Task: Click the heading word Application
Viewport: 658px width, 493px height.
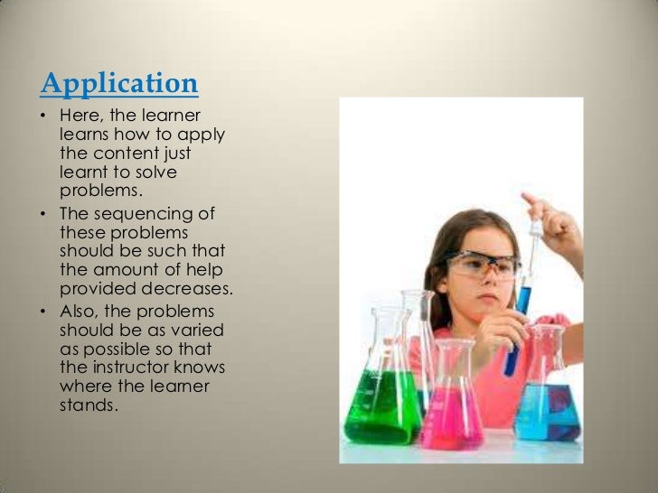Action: (x=119, y=84)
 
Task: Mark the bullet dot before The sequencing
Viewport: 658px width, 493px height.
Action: (x=45, y=215)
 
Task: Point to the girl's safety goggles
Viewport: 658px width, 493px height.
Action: (x=483, y=264)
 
